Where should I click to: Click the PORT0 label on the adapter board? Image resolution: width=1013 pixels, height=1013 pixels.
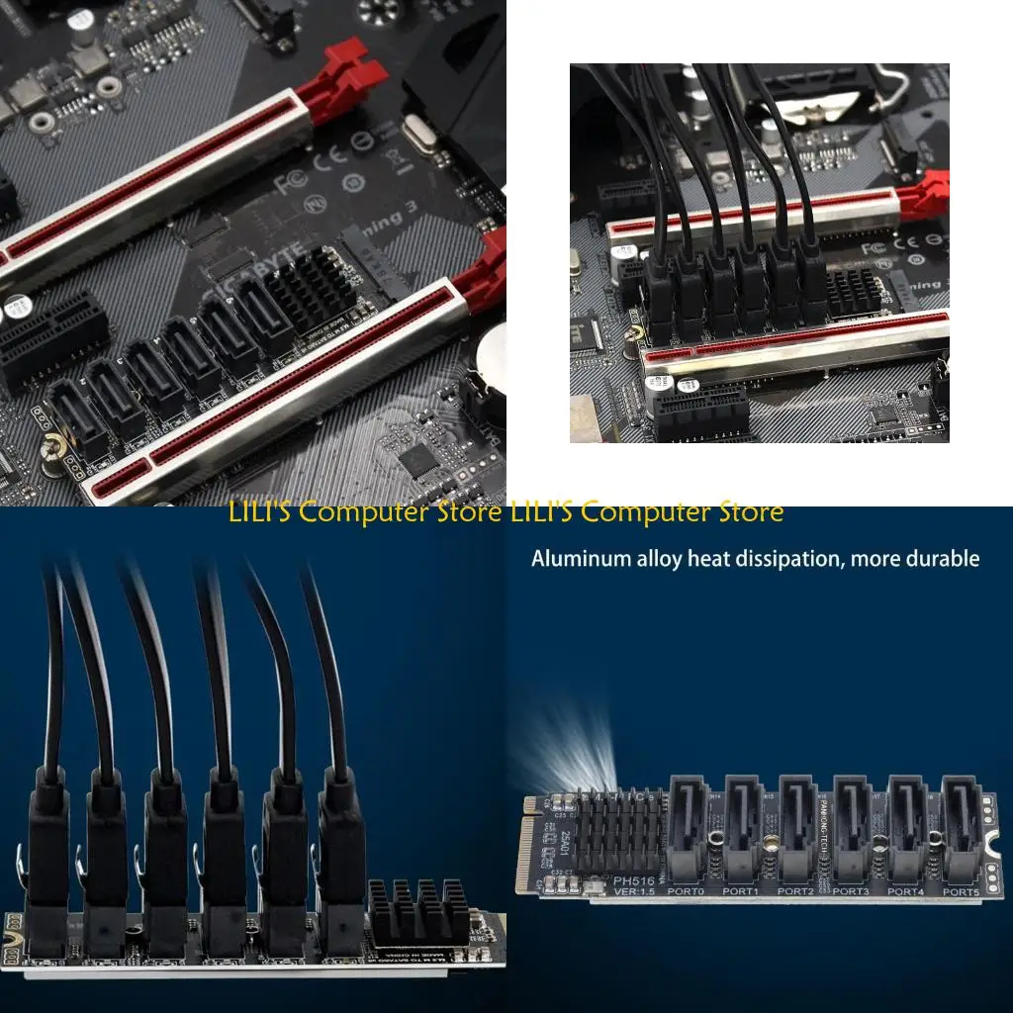click(687, 891)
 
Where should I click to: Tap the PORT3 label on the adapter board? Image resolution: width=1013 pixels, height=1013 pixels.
click(850, 891)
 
